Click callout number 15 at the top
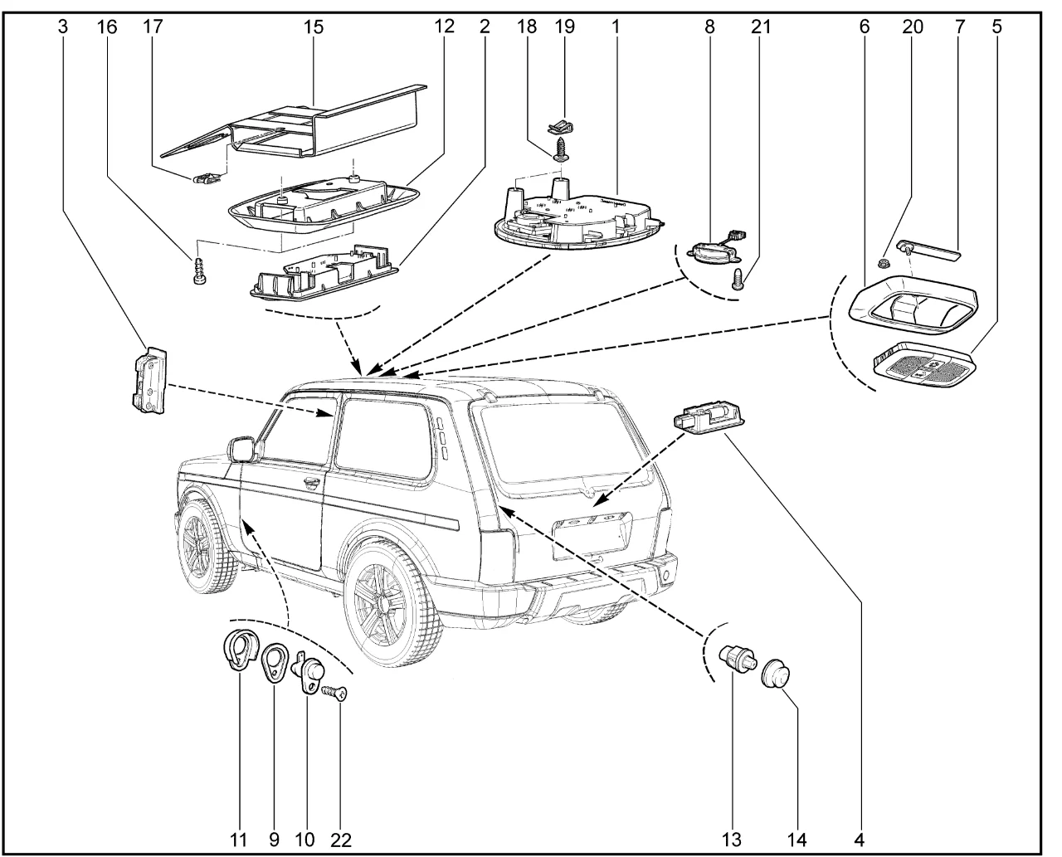(x=313, y=27)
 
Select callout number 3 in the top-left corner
(x=63, y=27)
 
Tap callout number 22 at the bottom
(x=340, y=840)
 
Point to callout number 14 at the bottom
(x=796, y=840)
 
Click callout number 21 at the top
(x=760, y=27)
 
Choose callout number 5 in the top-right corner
(x=996, y=27)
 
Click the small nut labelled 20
(x=884, y=263)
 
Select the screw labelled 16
(x=199, y=271)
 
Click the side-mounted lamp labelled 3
(x=148, y=379)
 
